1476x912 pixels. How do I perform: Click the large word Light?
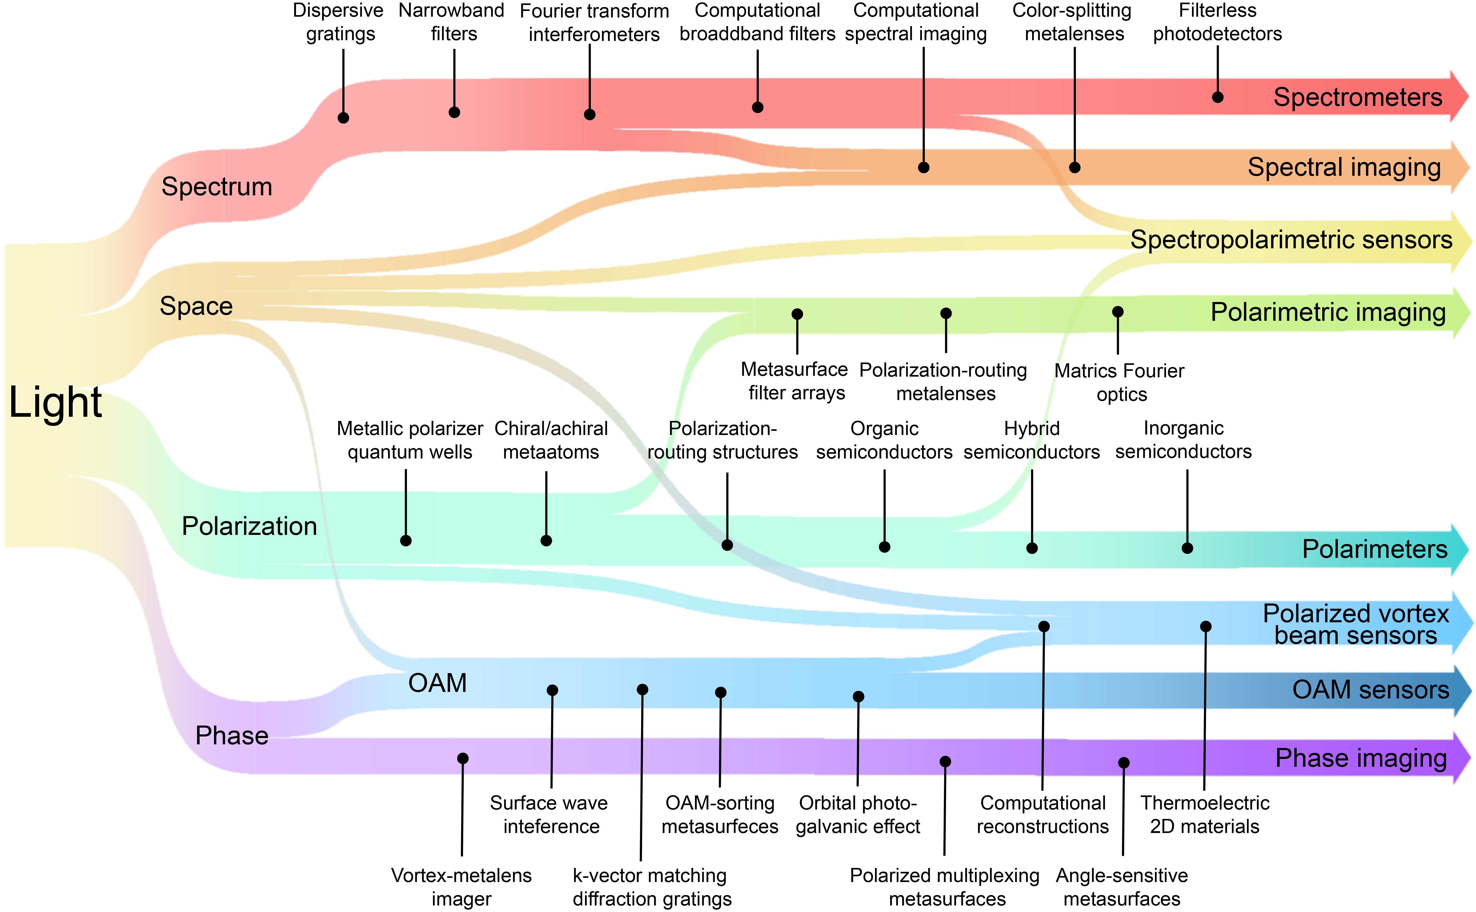pyautogui.click(x=56, y=402)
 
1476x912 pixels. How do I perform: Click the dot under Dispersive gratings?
pyautogui.click(x=343, y=118)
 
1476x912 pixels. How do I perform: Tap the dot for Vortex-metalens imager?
pyautogui.click(x=463, y=758)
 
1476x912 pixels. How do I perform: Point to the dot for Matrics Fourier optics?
pyautogui.click(x=1118, y=312)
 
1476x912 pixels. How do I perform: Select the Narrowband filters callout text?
pyautogui.click(x=452, y=22)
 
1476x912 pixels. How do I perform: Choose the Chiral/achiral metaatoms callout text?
pyautogui.click(x=551, y=440)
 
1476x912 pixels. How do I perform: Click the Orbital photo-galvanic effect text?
pyautogui.click(x=858, y=815)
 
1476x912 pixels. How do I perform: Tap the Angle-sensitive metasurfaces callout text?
pyautogui.click(x=1122, y=887)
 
